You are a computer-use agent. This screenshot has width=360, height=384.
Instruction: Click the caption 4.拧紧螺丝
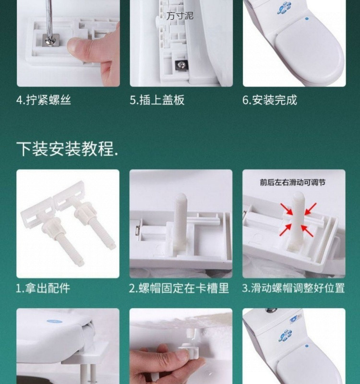pyautogui.click(x=44, y=100)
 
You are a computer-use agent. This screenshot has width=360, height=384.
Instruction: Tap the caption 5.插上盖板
pyautogui.click(x=157, y=100)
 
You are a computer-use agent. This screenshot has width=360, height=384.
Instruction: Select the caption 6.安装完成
pyautogui.click(x=270, y=100)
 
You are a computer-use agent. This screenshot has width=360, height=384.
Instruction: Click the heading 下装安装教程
pyautogui.click(x=67, y=149)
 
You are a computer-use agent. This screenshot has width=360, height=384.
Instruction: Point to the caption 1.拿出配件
pyautogui.click(x=43, y=288)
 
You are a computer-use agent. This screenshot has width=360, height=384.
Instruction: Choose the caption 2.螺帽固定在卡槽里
pyautogui.click(x=179, y=288)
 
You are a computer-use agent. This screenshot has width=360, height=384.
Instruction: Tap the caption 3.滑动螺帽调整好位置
pyautogui.click(x=293, y=288)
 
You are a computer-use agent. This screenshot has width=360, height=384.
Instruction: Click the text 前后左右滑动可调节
pyautogui.click(x=293, y=182)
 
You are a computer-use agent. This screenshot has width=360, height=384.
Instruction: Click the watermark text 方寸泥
pyautogui.click(x=180, y=16)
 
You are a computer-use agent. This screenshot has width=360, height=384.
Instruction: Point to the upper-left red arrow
pyautogui.click(x=287, y=209)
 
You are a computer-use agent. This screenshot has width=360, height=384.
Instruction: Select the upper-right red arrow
pyautogui.click(x=310, y=209)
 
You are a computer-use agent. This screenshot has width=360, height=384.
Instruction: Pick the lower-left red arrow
pyautogui.click(x=286, y=230)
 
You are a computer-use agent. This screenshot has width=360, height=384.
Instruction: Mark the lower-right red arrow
pyautogui.click(x=307, y=231)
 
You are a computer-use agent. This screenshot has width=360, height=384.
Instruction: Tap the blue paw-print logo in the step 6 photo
pyautogui.click(x=284, y=8)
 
